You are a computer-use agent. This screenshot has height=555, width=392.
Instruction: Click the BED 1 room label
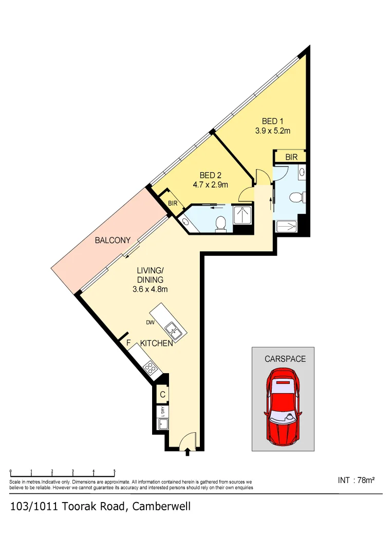[x=273, y=121]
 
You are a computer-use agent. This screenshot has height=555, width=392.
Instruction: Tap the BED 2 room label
[x=210, y=176]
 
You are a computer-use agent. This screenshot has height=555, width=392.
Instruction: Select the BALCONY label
[x=113, y=240]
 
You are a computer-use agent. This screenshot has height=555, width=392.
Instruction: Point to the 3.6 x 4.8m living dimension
[x=150, y=289]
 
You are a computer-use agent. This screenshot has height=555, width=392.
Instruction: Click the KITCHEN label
[x=156, y=343]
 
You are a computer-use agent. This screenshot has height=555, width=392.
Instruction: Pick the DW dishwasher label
[x=151, y=323]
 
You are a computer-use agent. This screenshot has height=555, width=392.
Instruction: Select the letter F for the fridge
[x=129, y=343]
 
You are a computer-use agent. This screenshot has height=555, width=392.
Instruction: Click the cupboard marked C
[x=162, y=395]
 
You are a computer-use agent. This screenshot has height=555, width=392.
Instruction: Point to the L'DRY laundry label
[x=162, y=412]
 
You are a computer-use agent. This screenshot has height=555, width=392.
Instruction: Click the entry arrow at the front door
[x=187, y=451]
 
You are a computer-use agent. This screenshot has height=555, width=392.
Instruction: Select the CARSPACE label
[x=285, y=359]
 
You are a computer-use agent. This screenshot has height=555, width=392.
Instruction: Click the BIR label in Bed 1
[x=292, y=157]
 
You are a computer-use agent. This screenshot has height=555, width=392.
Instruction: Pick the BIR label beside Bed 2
[x=173, y=203]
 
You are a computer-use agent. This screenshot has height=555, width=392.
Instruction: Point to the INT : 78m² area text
[x=356, y=480]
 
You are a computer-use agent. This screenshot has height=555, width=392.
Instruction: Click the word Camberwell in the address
[x=161, y=507]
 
